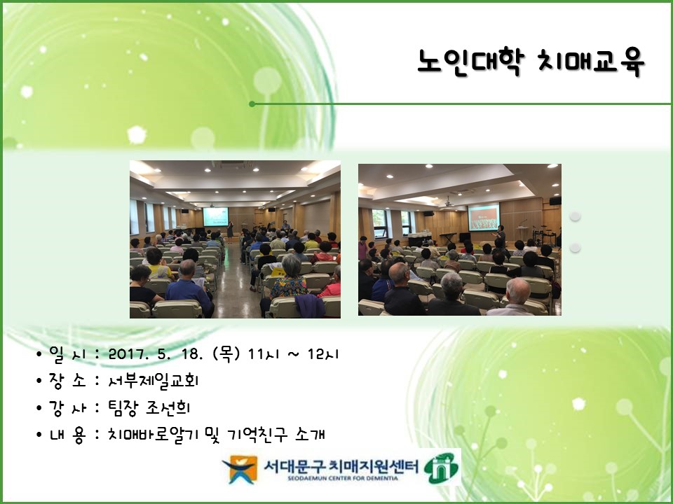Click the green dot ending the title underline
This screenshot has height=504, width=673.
(x=252, y=104)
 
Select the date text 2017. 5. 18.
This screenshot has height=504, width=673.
(x=163, y=354)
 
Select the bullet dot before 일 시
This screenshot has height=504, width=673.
(x=39, y=355)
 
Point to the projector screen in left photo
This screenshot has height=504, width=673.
(x=216, y=216)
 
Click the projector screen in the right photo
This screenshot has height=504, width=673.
(x=484, y=216)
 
